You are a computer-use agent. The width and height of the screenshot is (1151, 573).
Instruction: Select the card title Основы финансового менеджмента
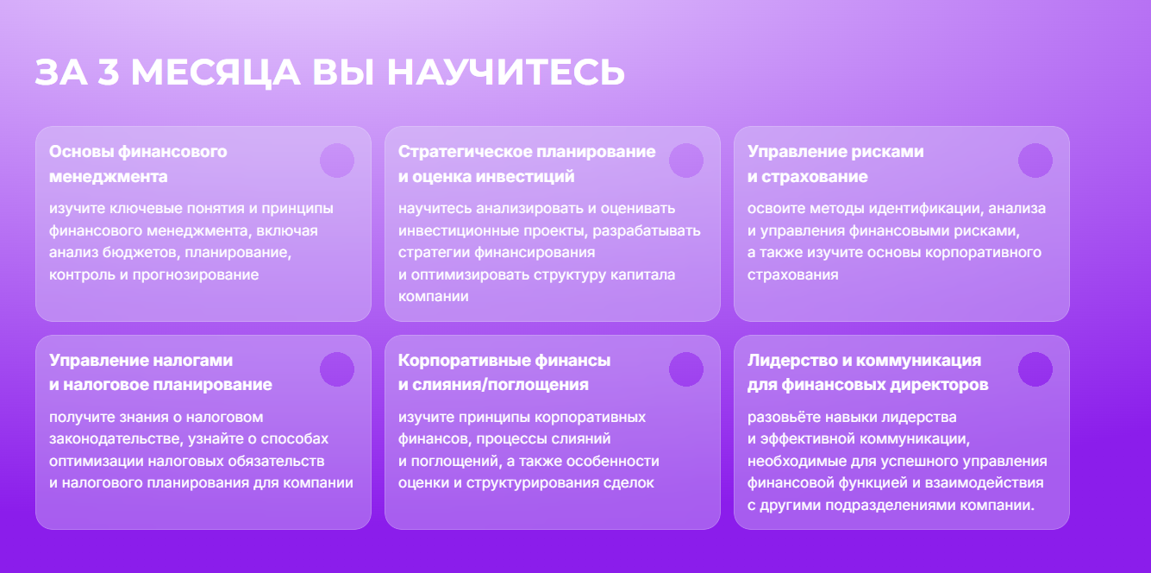click(138, 164)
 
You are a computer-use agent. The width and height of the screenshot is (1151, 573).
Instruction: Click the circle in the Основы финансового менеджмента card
click(337, 161)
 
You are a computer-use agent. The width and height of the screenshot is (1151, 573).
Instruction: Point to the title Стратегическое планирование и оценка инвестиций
click(526, 164)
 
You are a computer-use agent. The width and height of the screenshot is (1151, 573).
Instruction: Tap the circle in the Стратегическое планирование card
click(686, 161)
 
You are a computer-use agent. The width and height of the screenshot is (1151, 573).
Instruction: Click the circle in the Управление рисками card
click(1035, 161)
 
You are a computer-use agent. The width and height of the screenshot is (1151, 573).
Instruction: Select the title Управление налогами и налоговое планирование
click(160, 372)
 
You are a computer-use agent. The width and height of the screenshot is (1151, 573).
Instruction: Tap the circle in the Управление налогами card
click(337, 369)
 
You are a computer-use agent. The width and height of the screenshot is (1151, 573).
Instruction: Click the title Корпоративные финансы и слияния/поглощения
click(504, 372)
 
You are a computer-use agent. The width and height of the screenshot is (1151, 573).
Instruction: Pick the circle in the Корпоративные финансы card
click(686, 369)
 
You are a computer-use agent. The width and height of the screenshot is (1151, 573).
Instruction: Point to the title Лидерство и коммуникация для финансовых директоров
click(866, 372)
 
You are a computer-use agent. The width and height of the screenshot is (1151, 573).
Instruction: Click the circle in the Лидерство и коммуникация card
click(1035, 369)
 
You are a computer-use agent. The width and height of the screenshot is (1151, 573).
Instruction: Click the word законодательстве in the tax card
click(115, 439)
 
